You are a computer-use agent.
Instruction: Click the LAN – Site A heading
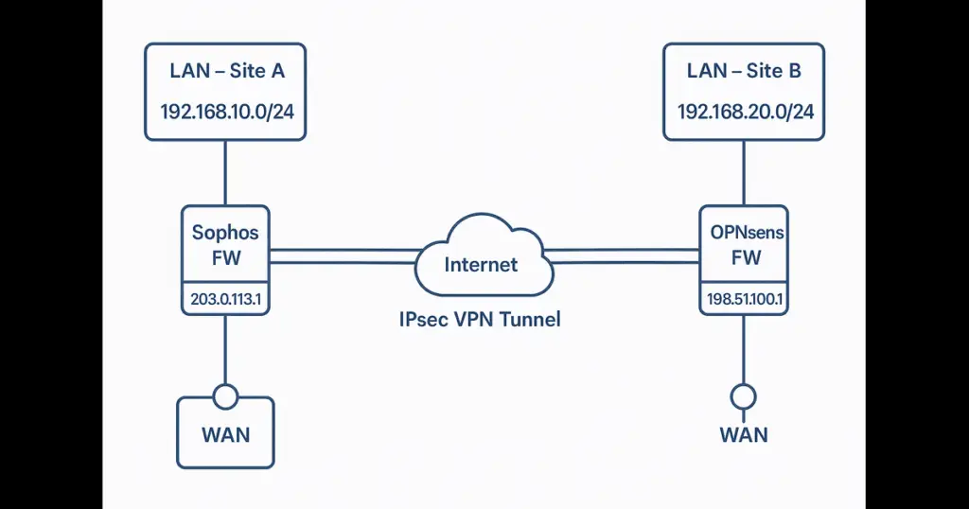click(225, 71)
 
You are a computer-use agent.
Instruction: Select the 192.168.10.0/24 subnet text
click(225, 111)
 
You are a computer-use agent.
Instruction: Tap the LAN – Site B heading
click(743, 71)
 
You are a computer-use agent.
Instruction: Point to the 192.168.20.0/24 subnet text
click(745, 111)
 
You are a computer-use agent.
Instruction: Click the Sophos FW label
click(225, 244)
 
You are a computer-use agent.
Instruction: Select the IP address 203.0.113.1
click(225, 301)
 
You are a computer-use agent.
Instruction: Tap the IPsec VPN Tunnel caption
click(481, 319)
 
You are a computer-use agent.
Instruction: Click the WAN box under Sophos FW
click(225, 434)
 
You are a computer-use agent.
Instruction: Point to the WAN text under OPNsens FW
click(744, 434)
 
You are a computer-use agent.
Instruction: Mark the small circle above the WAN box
click(225, 396)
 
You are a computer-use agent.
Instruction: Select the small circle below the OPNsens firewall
click(744, 395)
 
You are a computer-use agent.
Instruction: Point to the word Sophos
click(225, 233)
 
